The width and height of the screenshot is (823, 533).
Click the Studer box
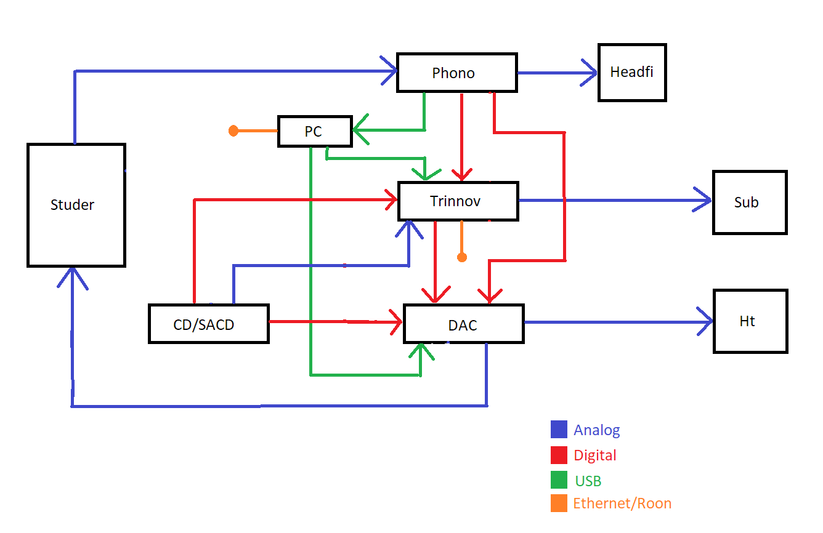(76, 205)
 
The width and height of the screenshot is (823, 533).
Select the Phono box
(456, 73)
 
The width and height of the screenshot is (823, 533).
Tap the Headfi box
(632, 73)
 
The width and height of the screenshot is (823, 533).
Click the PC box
(315, 131)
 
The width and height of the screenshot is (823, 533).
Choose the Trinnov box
(458, 201)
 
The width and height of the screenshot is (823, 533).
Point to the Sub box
(750, 202)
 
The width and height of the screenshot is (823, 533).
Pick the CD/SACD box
(209, 324)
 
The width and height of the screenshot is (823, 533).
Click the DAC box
(463, 324)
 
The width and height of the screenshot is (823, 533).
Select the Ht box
(750, 321)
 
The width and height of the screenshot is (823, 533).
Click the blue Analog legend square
(559, 430)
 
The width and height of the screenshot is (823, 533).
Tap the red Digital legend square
(559, 455)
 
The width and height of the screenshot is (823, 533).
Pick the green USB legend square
(559, 480)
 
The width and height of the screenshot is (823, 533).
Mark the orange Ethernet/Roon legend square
(559, 503)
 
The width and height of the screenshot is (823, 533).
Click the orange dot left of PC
(233, 130)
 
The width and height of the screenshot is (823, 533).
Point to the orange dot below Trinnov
(462, 257)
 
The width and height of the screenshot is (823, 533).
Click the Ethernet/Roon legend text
(622, 503)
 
